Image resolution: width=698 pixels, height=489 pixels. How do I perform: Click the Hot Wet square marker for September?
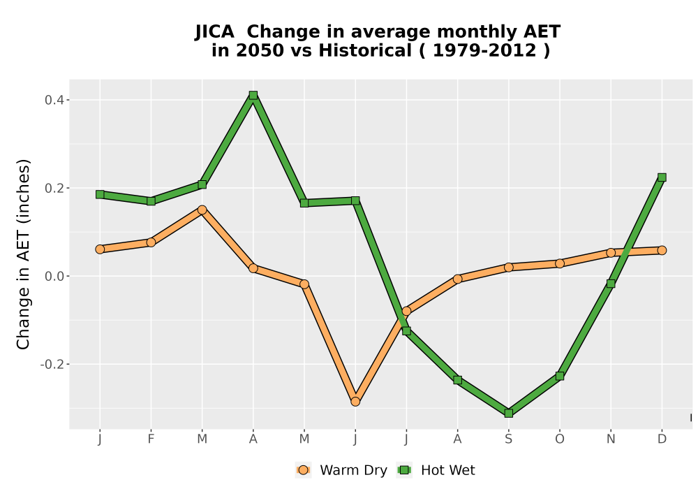[x=508, y=414]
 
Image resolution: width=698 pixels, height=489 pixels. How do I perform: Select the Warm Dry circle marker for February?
[x=151, y=242]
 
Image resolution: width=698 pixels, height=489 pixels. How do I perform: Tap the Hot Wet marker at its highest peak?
[x=253, y=95]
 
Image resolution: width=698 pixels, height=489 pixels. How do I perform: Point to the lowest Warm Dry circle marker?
[x=355, y=402]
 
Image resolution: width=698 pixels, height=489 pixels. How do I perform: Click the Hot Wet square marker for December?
[x=662, y=177]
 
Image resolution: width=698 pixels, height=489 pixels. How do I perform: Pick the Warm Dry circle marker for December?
[x=662, y=250]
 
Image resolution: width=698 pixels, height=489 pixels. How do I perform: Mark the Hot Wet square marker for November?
[x=611, y=284]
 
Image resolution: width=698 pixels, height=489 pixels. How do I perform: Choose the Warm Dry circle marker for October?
[x=560, y=263]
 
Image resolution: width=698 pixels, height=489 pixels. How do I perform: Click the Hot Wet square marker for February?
[x=151, y=201]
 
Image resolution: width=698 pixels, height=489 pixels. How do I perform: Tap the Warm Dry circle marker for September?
[x=508, y=268]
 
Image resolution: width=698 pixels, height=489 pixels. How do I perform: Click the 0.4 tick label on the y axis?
[x=54, y=100]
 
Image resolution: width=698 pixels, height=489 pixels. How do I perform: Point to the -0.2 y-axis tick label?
[x=52, y=364]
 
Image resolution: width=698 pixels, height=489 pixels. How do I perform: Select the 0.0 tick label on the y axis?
[x=54, y=276]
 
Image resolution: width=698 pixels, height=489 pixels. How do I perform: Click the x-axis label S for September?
[x=508, y=439]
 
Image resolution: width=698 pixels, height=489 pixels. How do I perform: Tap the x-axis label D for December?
[x=662, y=439]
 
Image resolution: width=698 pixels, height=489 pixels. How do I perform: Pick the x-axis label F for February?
[x=151, y=439]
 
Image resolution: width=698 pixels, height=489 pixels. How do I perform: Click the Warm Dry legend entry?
[x=341, y=470]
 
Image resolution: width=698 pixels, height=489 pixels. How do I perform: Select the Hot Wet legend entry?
[x=436, y=470]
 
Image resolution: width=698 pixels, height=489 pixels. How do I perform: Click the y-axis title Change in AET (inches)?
[x=23, y=254]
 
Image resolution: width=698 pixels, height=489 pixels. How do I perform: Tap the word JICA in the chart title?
[x=214, y=32]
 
